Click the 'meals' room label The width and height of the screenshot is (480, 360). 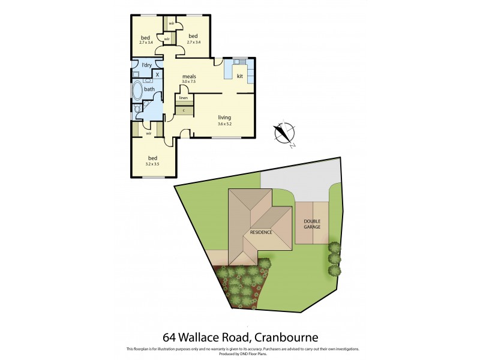190,76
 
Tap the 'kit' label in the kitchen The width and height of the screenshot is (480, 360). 239,76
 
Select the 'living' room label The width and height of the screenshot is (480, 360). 224,118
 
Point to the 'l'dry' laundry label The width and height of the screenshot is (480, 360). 146,65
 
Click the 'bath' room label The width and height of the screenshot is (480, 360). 149,89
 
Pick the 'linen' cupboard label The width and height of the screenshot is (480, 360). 184,98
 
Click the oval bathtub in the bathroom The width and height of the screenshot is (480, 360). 137,92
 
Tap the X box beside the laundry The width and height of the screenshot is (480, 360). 157,74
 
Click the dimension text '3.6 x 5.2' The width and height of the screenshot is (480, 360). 224,124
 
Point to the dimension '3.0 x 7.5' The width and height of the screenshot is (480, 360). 190,82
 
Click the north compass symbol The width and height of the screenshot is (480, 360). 283,134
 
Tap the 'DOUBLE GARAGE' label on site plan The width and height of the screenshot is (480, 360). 312,224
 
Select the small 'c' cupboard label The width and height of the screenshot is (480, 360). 184,110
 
